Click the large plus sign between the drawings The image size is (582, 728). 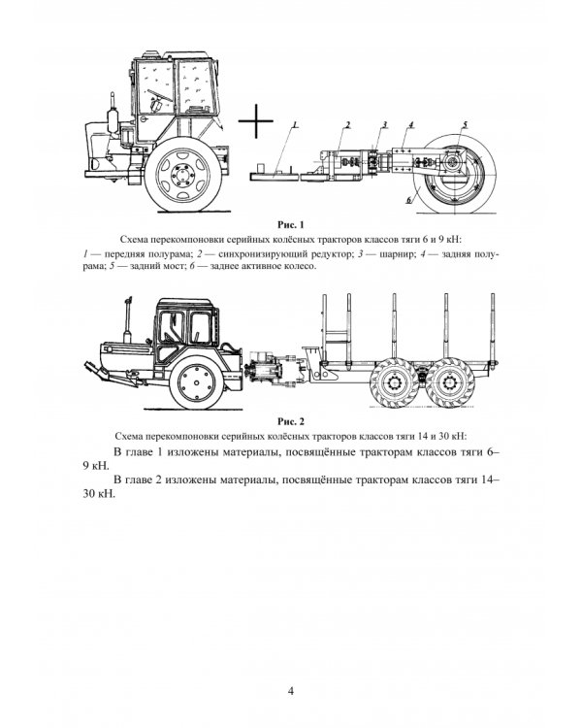tap(256, 120)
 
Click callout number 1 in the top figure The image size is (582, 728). tap(295, 125)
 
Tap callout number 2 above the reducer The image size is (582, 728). tap(347, 125)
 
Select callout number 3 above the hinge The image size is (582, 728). tap(385, 125)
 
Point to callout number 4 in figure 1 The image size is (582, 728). tap(410, 125)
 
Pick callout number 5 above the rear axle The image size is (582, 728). tap(465, 125)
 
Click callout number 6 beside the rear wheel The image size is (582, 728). tap(409, 200)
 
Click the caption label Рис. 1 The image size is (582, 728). tap(291, 225)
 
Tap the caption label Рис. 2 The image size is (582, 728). tap(291, 421)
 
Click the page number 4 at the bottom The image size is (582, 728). tap(291, 690)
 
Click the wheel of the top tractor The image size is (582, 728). tap(183, 175)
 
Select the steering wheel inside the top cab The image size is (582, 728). tap(160, 95)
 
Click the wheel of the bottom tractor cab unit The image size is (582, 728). tap(197, 382)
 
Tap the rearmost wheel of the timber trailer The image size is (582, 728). tap(449, 382)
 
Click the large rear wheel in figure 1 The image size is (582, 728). tap(455, 174)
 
